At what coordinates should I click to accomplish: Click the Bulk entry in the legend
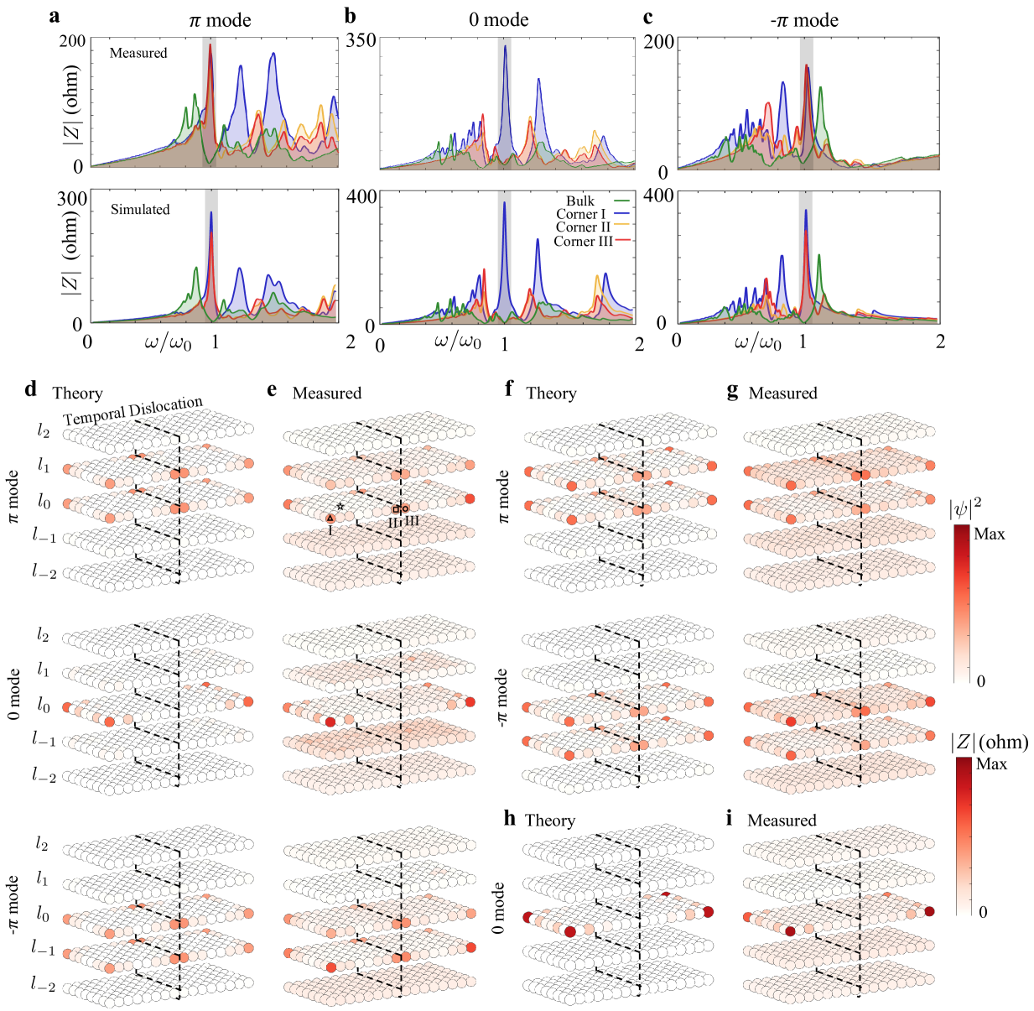[580, 201]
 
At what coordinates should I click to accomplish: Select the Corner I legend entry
[580, 214]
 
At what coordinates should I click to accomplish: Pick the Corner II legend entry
[583, 227]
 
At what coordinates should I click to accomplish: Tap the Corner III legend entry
[583, 242]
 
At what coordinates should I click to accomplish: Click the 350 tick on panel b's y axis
[361, 40]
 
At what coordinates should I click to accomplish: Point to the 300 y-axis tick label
[72, 199]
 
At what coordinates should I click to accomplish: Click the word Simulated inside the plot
[140, 210]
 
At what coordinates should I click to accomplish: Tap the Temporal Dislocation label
[132, 410]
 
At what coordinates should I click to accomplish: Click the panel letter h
[510, 818]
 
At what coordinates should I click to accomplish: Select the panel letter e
[272, 390]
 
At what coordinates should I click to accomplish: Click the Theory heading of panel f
[551, 393]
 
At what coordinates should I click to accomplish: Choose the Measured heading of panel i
[782, 821]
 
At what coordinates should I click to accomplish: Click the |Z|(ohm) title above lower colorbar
[989, 742]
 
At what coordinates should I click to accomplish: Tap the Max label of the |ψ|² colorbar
[990, 534]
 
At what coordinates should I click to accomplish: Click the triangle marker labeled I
[330, 519]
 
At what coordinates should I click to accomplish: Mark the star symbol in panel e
[340, 506]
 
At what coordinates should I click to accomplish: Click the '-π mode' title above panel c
[804, 20]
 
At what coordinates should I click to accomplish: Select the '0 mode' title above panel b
[499, 20]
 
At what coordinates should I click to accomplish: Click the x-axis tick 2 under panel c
[940, 341]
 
